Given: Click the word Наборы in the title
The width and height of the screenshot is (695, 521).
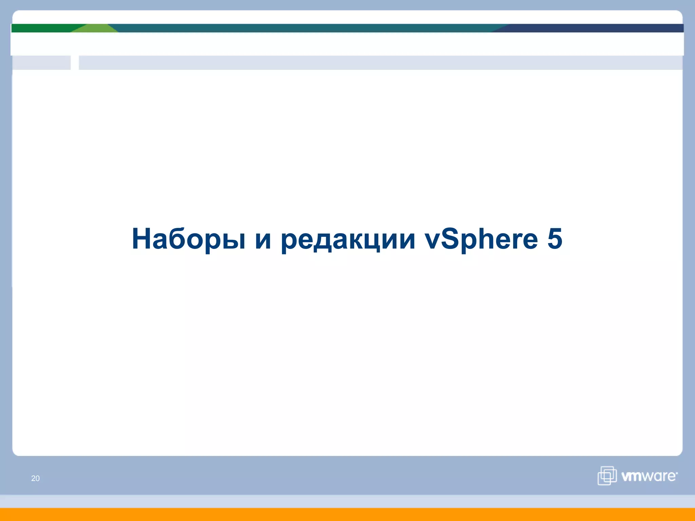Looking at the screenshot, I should (188, 239).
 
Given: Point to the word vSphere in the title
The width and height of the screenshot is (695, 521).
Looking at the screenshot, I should (481, 239).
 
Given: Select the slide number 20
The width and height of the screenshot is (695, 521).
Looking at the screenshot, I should (35, 478).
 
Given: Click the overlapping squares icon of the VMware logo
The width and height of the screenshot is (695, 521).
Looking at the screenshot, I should (607, 476).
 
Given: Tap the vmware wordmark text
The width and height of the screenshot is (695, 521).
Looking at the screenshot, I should (648, 476).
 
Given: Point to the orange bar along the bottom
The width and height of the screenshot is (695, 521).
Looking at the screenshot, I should (347, 515).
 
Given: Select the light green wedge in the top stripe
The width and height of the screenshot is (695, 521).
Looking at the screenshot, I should (95, 28).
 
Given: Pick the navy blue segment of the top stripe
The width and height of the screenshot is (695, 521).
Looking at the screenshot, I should (594, 28).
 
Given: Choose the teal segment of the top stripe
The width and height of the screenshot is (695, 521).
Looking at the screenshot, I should (305, 28).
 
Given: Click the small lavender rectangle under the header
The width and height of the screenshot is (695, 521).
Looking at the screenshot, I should (41, 63).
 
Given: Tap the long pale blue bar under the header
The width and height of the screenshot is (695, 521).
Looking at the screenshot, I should (380, 63).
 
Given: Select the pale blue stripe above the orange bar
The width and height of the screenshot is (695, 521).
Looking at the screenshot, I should (347, 501).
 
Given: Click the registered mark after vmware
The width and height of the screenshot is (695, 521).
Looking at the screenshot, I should (677, 472).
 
